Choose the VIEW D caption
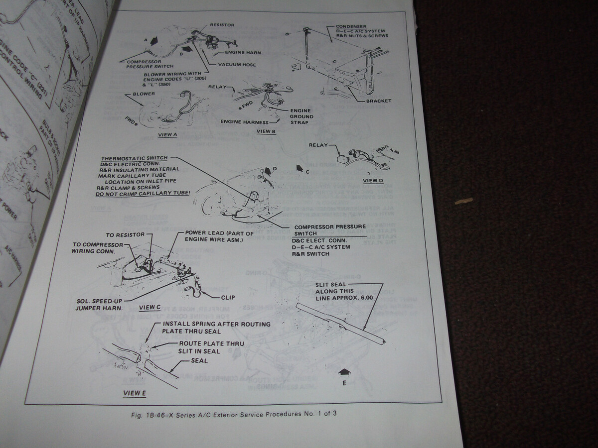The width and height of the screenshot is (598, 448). click(374, 180)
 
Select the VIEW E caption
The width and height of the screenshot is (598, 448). click(135, 393)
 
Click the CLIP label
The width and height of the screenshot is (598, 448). click(227, 298)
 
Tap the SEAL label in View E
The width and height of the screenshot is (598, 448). click(199, 360)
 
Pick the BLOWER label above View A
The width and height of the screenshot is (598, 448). click(144, 94)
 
